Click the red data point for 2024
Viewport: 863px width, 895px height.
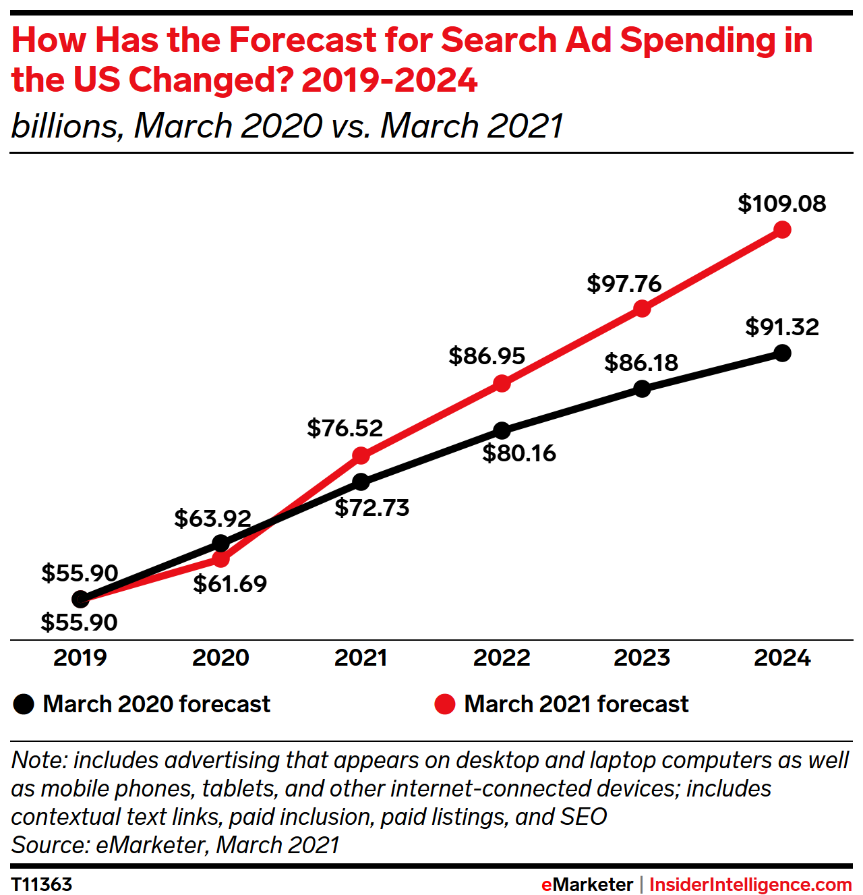782,230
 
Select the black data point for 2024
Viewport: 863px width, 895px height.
782,353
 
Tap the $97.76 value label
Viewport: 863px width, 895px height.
624,283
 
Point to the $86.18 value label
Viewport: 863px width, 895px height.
641,363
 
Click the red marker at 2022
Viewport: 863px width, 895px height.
502,384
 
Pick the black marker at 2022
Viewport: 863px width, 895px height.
502,430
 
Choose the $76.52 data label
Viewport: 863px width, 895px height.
345,428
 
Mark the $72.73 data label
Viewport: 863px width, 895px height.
372,508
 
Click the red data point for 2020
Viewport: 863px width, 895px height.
220,558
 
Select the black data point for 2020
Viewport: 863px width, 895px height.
220,543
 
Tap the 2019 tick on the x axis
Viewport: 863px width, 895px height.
80,658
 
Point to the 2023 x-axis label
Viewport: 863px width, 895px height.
642,658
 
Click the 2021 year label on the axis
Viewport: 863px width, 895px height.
361,658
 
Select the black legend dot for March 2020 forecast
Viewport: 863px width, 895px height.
24,704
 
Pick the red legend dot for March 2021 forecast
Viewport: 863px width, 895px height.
445,704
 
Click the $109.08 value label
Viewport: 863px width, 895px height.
782,204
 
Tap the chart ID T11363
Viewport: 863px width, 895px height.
42,884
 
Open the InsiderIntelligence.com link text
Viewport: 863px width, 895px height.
750,884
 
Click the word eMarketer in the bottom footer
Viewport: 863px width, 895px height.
587,884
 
